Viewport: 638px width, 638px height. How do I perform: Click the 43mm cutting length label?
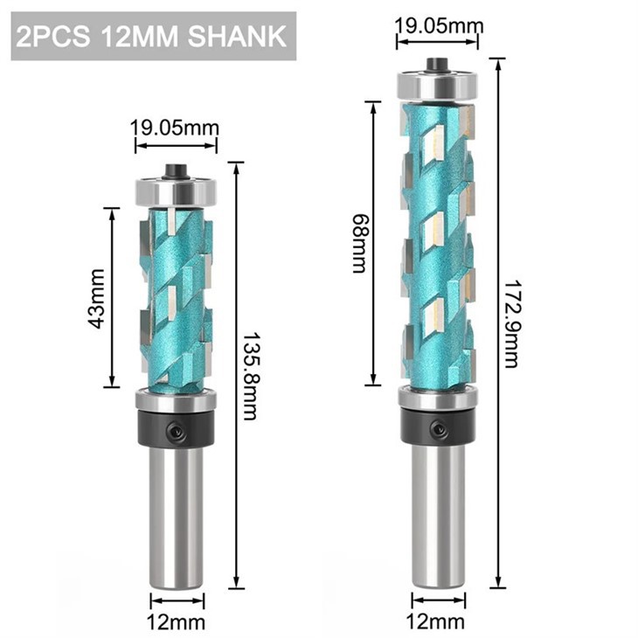coord(96,298)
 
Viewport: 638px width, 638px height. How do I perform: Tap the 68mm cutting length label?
coord(359,243)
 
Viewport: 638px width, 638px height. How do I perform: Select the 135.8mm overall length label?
coord(250,377)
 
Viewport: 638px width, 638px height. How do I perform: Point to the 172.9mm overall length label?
coord(510,323)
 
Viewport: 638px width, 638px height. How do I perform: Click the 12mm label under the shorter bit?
coord(176,621)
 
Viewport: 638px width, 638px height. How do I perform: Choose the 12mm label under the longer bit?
coord(435,621)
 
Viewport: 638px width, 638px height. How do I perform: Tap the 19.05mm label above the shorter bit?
coord(175,128)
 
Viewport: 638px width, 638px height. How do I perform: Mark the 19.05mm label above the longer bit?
coord(440,26)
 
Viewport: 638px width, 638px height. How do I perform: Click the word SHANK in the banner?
coord(237,37)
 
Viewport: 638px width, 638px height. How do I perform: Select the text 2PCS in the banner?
coord(53,37)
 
